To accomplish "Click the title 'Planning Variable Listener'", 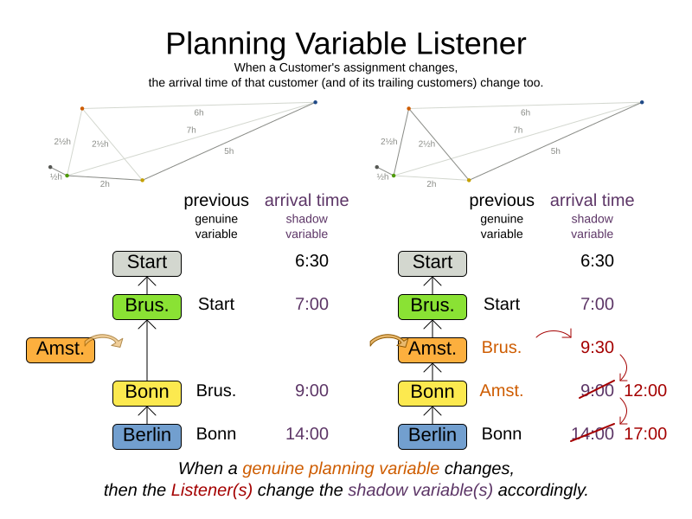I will click(345, 44).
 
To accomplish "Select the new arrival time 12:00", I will click(645, 390).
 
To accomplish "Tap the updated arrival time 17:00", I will click(645, 433).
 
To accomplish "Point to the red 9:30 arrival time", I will click(597, 347).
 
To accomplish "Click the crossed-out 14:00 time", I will click(593, 433).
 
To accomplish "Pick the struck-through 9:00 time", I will click(597, 390).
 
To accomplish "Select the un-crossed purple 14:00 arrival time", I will click(307, 433).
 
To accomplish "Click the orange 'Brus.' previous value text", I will click(502, 347).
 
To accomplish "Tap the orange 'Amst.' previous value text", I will click(502, 390).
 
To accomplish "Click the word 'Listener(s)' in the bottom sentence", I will click(211, 490).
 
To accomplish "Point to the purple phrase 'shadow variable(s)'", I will click(420, 490).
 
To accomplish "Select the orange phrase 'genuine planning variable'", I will click(340, 468).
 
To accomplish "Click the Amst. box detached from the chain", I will click(61, 349).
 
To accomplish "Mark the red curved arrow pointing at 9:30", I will click(554, 333).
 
